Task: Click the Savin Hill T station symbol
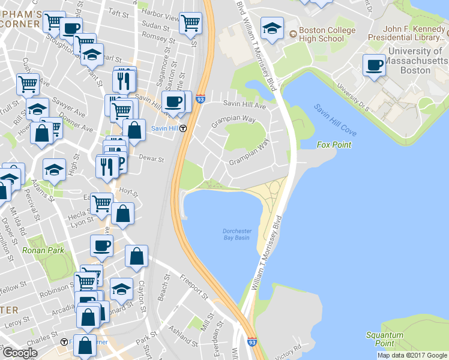pyautogui.click(x=184, y=128)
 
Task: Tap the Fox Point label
pyautogui.click(x=334, y=145)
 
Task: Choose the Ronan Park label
pyautogui.click(x=38, y=250)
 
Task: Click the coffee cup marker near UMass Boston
pyautogui.click(x=375, y=65)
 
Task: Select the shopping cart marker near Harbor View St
pyautogui.click(x=190, y=23)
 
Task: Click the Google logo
pyautogui.click(x=19, y=353)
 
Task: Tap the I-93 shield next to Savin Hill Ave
pyautogui.click(x=200, y=100)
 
